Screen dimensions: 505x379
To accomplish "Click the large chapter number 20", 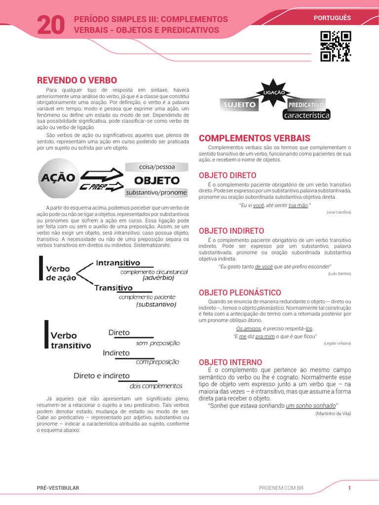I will point(51,25).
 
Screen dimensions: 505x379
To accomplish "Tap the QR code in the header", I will point(336,46).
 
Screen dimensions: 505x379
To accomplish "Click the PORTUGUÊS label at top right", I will point(332,18).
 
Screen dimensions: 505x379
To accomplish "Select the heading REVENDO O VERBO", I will point(77,80).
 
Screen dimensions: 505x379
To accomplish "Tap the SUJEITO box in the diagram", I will point(240,105).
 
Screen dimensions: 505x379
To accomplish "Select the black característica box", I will point(306,115).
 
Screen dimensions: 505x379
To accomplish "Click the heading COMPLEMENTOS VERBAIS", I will point(254,138).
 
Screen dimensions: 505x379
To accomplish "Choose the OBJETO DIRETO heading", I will point(227,175).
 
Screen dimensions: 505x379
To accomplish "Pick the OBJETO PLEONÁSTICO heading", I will point(239,292).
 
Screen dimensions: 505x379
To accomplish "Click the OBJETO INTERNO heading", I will point(230,362).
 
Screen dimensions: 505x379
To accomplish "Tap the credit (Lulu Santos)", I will point(339,273).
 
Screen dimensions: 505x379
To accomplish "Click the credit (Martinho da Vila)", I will point(333,413).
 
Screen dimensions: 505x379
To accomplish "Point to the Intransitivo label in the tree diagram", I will point(118,263).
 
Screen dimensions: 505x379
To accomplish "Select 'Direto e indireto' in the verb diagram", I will point(102,376).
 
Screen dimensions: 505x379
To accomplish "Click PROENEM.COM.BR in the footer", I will point(281,488).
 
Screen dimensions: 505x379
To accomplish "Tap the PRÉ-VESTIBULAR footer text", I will point(58,488).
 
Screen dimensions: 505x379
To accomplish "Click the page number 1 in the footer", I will point(349,488).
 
